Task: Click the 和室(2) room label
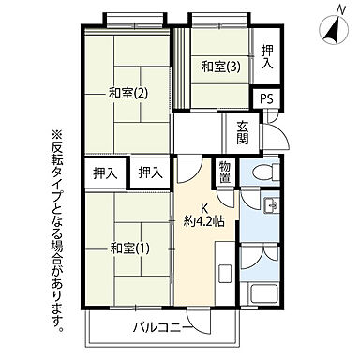tap(128, 93)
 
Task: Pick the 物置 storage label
tap(225, 172)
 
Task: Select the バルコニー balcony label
tap(162, 327)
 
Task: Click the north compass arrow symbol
tap(333, 30)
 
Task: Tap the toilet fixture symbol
tap(265, 173)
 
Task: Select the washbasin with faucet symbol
tap(269, 206)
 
